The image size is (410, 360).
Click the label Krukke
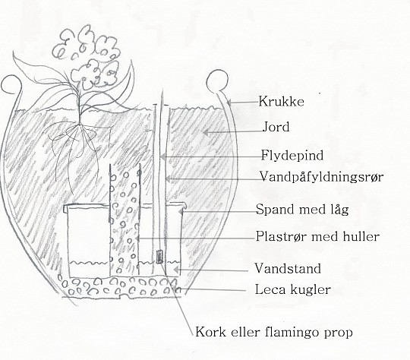tap(282, 101)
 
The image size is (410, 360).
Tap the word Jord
tap(276, 127)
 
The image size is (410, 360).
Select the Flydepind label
tap(292, 156)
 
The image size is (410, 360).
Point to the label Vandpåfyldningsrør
tap(322, 177)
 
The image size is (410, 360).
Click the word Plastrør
tap(282, 236)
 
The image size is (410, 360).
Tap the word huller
tap(362, 236)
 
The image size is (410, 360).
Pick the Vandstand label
tap(288, 268)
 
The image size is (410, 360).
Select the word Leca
tap(269, 289)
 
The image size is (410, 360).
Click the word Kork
tap(210, 332)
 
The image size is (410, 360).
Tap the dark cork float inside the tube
tap(159, 257)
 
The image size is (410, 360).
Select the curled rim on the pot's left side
tap(11, 84)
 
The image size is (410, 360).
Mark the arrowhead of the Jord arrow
tap(206, 132)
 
